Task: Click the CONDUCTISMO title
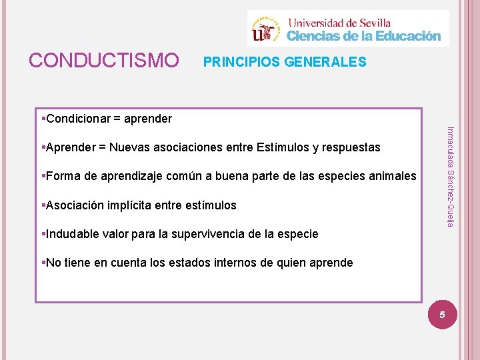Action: [103, 61]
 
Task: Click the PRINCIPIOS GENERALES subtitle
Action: [285, 62]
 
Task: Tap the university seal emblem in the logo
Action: [267, 29]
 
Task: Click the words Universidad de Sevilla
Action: [339, 22]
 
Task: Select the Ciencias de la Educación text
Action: [364, 36]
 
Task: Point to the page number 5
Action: [441, 313]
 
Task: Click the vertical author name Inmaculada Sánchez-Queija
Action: [451, 176]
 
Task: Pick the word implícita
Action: [129, 205]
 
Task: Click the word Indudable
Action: [73, 234]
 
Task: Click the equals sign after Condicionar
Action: [116, 119]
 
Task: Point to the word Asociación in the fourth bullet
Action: [73, 205]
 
